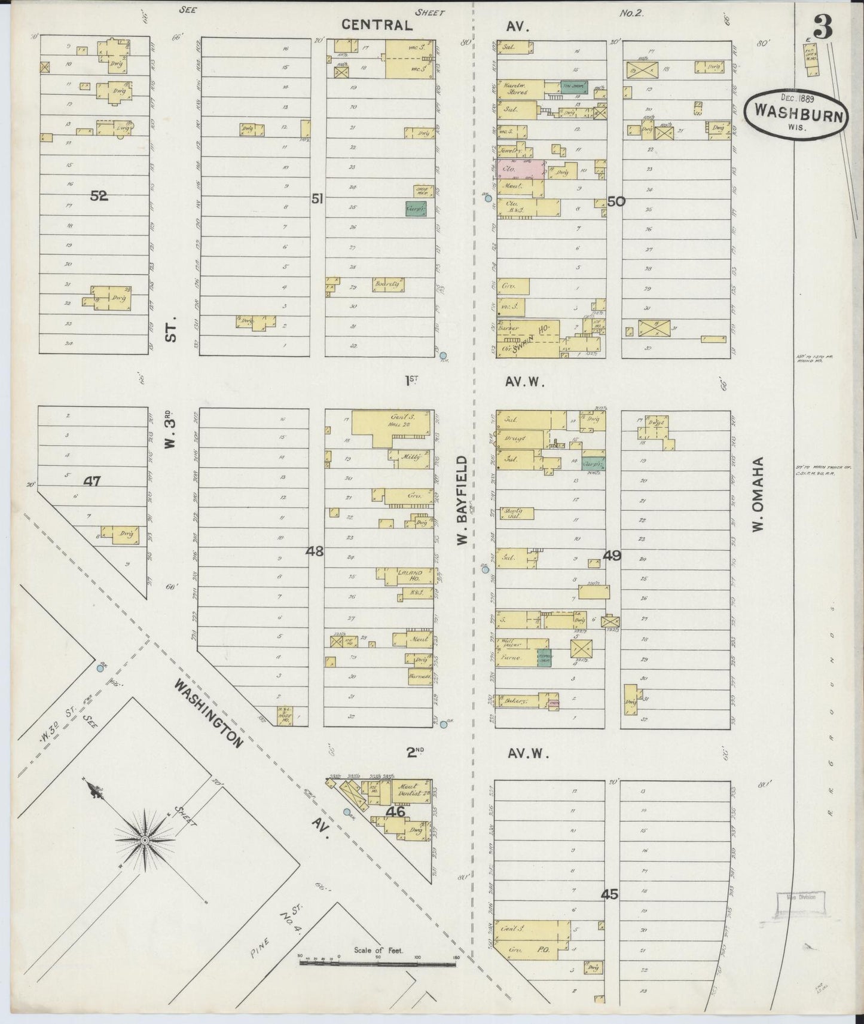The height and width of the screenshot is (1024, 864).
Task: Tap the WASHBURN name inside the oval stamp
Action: point(795,111)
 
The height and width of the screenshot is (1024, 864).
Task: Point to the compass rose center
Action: point(144,839)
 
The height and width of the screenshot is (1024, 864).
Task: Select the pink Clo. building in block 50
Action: point(520,169)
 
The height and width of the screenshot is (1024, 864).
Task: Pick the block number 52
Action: point(99,195)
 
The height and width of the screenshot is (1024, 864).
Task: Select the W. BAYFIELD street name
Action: point(462,501)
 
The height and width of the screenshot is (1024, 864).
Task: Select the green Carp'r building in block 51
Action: point(416,208)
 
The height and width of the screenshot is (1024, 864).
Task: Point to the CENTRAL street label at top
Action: point(377,24)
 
